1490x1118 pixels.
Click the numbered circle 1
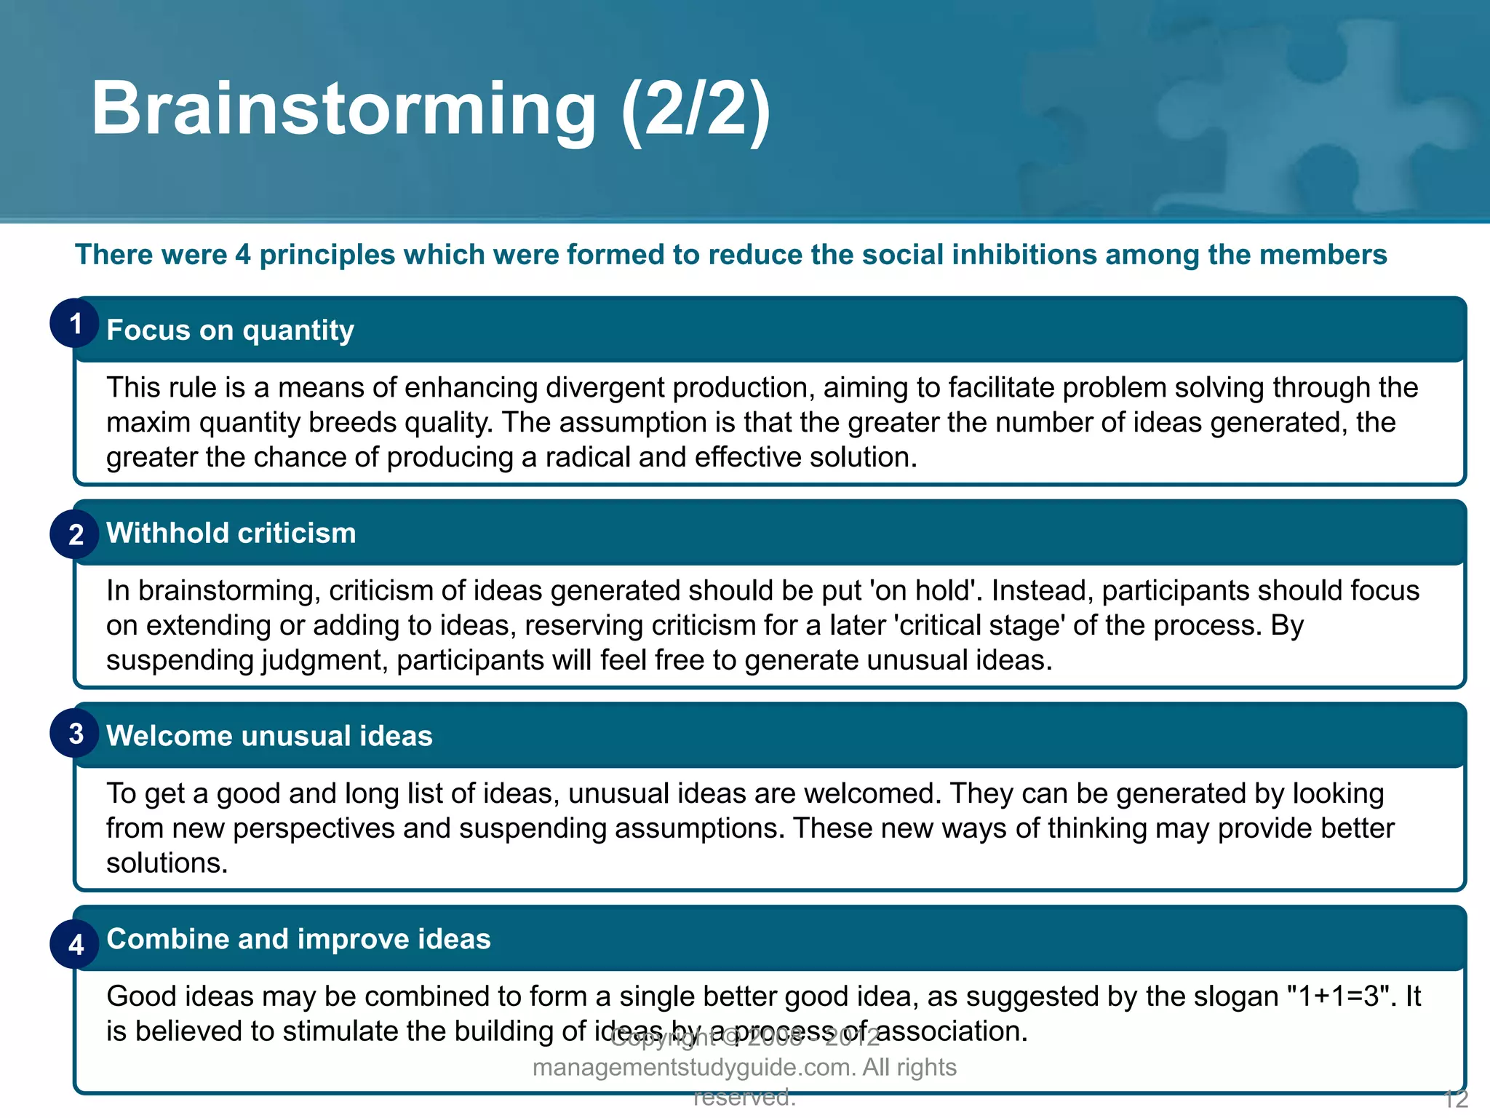[75, 323]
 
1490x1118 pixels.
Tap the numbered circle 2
[75, 534]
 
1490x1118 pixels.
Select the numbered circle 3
[75, 734]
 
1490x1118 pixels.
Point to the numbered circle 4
[75, 944]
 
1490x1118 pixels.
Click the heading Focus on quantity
[230, 330]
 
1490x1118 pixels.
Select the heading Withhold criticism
[231, 534]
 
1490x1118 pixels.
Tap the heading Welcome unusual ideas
[269, 736]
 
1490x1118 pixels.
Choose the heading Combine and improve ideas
[298, 939]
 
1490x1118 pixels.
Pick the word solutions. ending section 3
[167, 863]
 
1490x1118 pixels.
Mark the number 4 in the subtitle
[242, 255]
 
